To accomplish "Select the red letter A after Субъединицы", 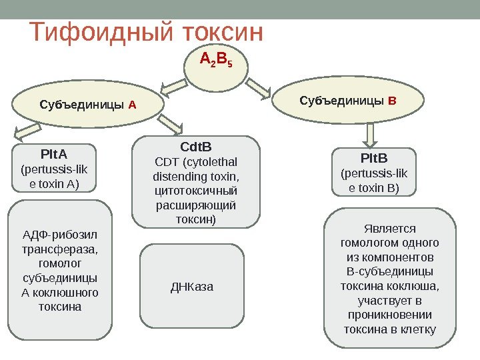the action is point(132,105).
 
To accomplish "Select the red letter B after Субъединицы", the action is point(392,101).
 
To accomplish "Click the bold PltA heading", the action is point(49,155).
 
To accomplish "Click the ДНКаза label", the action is point(192,287).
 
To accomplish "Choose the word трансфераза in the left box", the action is point(50,249).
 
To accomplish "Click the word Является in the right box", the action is point(389,227).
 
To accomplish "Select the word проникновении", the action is point(389,315).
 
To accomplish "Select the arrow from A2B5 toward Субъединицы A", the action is point(175,84).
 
